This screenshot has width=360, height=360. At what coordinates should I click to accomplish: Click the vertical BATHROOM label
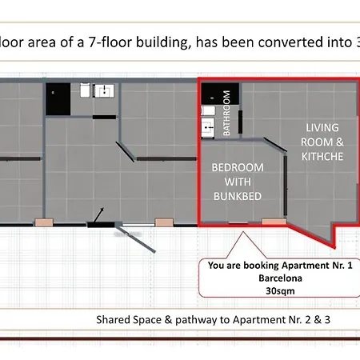[x=226, y=113]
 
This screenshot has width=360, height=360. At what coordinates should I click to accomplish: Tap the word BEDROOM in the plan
[x=238, y=167]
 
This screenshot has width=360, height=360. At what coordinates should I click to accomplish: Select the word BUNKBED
[x=238, y=196]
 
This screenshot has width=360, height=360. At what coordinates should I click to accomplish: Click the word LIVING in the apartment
[x=322, y=127]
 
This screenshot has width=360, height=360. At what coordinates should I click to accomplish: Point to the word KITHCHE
[x=322, y=156]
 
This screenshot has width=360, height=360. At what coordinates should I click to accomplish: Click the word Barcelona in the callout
[x=280, y=278]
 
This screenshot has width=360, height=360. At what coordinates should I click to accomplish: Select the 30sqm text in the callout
[x=280, y=290]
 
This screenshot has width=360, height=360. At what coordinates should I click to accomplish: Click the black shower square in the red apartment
[x=220, y=94]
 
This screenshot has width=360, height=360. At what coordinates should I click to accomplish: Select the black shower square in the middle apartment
[x=58, y=99]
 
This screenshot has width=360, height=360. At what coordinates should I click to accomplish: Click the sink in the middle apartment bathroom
[x=104, y=91]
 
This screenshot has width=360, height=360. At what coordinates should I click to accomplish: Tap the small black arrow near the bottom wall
[x=98, y=214]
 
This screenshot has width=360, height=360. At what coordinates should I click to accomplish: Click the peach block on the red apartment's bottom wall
[x=274, y=222]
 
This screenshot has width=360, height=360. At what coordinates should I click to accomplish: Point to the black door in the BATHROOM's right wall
[x=240, y=122]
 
